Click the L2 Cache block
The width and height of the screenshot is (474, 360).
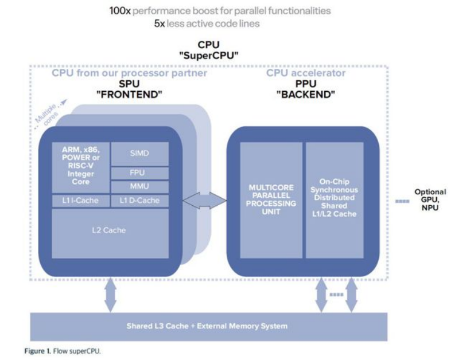110,230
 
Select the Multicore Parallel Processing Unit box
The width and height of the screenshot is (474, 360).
271,199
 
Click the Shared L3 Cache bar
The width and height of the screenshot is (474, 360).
207,326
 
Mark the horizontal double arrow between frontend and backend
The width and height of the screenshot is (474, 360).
205,200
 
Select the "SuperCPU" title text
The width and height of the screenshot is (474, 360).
209,55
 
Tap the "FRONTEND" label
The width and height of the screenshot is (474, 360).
129,94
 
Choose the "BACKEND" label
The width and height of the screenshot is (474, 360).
305,94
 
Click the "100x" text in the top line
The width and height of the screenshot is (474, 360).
120,11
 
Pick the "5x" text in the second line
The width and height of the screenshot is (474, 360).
159,23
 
